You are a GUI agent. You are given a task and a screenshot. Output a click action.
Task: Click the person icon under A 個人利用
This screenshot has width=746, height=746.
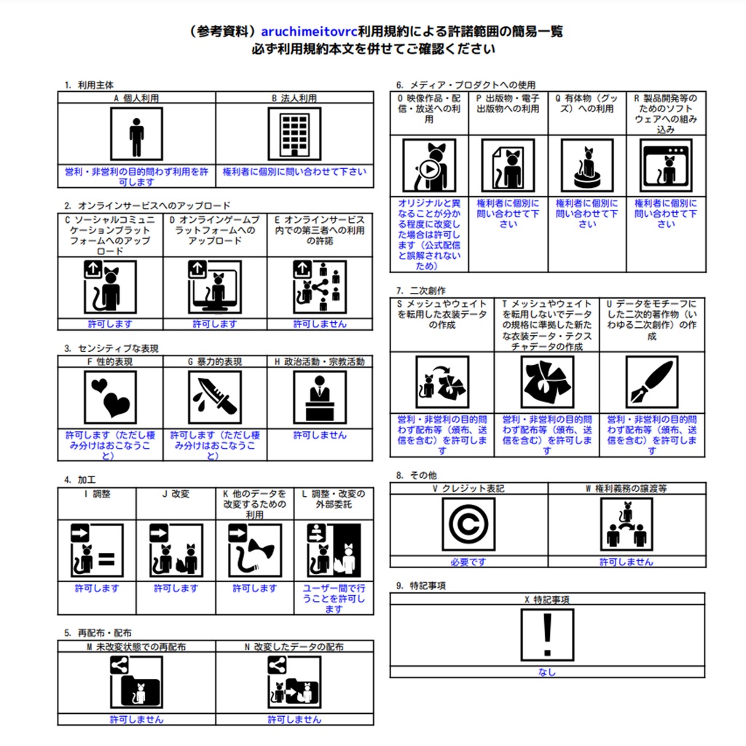pyautogui.click(x=136, y=134)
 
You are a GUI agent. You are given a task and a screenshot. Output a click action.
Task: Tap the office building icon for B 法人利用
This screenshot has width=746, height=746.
pyautogui.click(x=294, y=134)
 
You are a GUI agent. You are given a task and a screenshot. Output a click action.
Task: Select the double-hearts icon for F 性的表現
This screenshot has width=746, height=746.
pyautogui.click(x=111, y=398)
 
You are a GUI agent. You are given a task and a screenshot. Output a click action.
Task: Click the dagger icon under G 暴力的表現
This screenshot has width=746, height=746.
pyautogui.click(x=214, y=398)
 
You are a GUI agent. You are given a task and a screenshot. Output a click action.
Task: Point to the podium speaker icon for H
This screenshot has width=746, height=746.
pyautogui.click(x=319, y=398)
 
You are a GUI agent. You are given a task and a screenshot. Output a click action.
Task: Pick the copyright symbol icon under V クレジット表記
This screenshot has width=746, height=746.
pyautogui.click(x=468, y=524)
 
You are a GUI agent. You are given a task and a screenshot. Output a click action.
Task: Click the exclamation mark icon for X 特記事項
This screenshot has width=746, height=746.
pyautogui.click(x=547, y=634)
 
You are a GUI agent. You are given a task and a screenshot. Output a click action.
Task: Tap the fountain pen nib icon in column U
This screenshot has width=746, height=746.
pyautogui.click(x=651, y=382)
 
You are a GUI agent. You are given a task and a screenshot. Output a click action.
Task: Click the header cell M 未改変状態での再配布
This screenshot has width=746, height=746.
pyautogui.click(x=136, y=646)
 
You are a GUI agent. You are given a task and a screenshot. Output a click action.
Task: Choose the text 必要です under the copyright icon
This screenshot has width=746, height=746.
pyautogui.click(x=468, y=562)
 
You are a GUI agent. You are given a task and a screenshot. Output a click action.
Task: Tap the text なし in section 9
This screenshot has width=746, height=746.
pyautogui.click(x=547, y=672)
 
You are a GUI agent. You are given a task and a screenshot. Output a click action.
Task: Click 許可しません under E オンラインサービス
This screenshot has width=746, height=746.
pyautogui.click(x=319, y=323)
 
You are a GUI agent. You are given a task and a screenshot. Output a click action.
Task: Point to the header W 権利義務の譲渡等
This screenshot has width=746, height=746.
pyautogui.click(x=627, y=488)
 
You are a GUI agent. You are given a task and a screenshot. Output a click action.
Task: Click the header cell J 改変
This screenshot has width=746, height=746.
pyautogui.click(x=176, y=493)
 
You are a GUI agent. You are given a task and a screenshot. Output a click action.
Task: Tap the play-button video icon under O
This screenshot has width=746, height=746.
pyautogui.click(x=429, y=165)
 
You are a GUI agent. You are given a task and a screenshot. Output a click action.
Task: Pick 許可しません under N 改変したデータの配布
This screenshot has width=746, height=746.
pyautogui.click(x=294, y=719)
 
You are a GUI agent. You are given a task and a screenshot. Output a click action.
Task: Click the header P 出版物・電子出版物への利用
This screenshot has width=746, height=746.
pyautogui.click(x=508, y=103)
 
